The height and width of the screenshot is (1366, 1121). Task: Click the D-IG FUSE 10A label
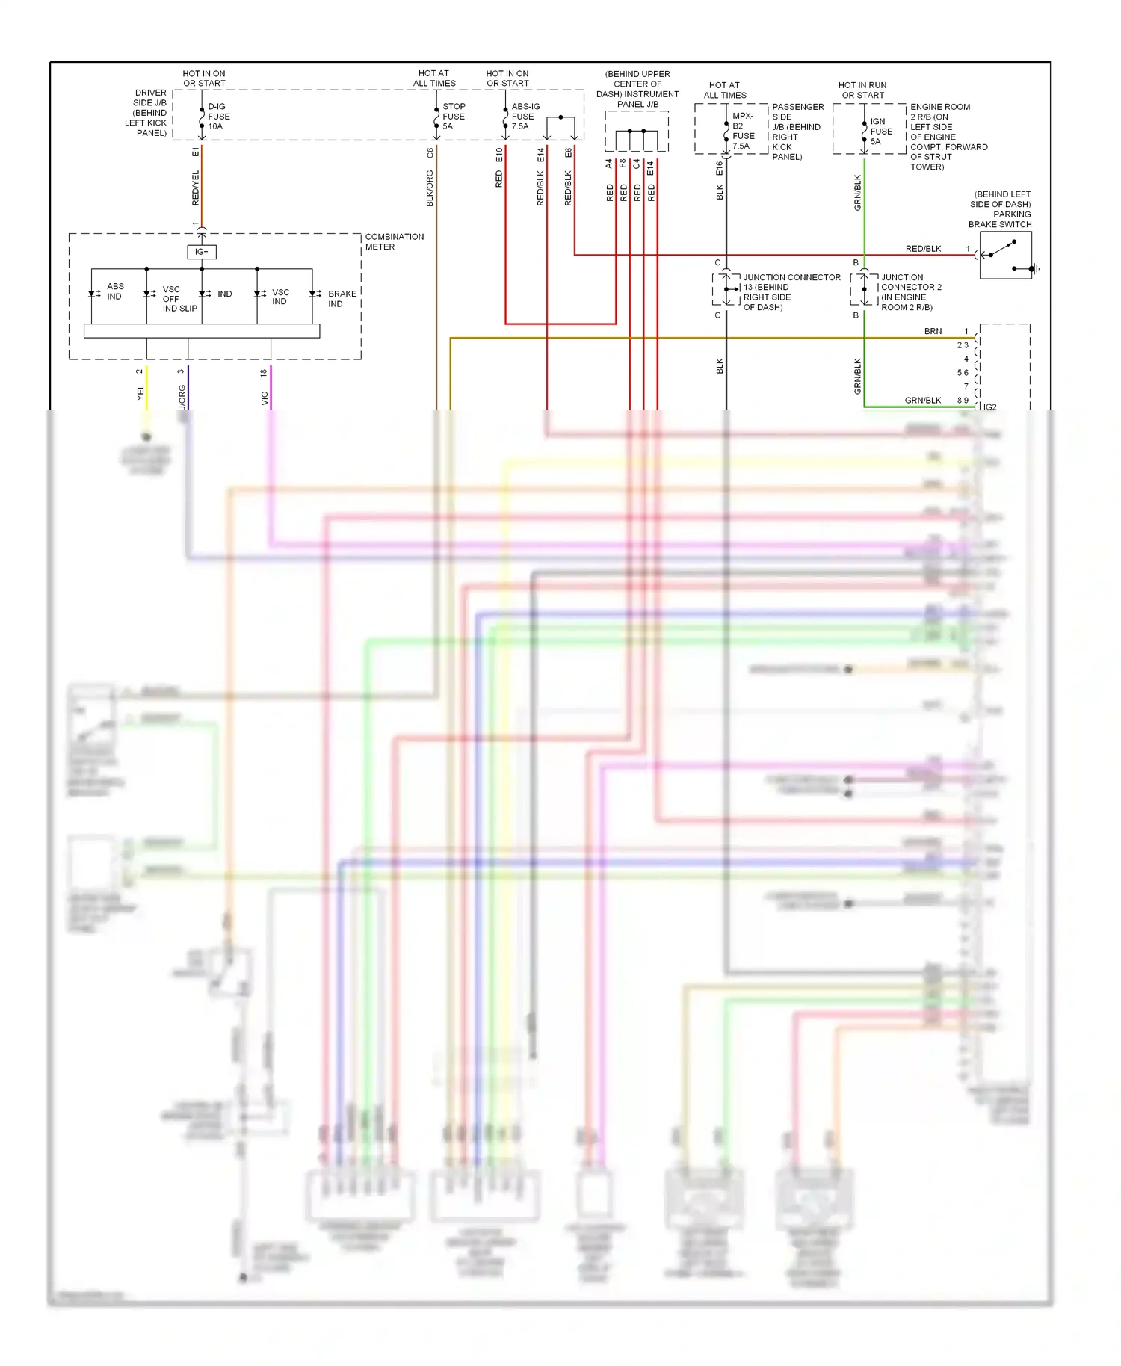(x=218, y=117)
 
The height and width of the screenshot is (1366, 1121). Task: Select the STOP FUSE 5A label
(x=453, y=117)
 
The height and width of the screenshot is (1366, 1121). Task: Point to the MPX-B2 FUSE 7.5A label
(x=743, y=132)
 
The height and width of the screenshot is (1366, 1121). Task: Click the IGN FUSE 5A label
(x=880, y=132)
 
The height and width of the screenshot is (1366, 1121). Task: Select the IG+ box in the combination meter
(x=202, y=252)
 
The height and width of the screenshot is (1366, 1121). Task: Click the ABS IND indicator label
(x=115, y=291)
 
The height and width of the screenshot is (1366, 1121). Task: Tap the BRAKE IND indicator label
(x=342, y=299)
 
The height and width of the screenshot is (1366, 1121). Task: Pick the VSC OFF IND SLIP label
(x=179, y=299)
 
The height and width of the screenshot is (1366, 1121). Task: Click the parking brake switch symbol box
(x=1005, y=255)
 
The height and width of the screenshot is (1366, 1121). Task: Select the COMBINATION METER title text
(x=394, y=241)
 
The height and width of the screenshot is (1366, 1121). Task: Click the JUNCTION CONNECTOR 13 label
(x=791, y=292)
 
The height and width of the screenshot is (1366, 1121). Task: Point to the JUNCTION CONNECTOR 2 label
(x=910, y=292)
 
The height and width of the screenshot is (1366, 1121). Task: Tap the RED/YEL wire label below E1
(x=196, y=188)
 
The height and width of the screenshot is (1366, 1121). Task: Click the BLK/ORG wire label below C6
(x=430, y=188)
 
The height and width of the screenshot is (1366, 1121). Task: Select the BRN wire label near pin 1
(x=933, y=331)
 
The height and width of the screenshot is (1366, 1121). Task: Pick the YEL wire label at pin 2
(x=140, y=392)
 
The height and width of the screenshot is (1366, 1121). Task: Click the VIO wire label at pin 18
(x=265, y=398)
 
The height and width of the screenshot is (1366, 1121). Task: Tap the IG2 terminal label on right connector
(x=989, y=407)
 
